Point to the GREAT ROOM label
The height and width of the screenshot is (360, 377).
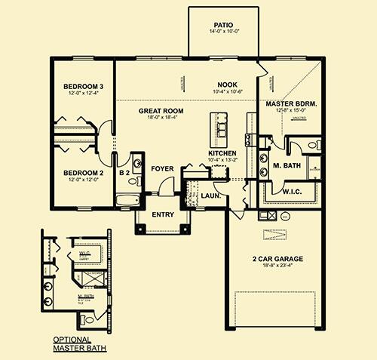coord(161,111)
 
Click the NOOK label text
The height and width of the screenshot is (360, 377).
coord(227,85)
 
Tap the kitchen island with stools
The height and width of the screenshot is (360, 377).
coord(221,129)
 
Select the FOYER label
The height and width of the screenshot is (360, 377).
coord(162,168)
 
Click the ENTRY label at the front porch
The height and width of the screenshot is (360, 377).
coord(163,214)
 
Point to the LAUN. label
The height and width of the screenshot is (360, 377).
coord(210,196)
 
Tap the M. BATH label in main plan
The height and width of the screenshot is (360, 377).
coord(287,165)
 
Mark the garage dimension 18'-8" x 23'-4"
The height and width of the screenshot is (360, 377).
coord(277,266)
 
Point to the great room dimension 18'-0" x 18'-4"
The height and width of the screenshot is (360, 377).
coord(161,118)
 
